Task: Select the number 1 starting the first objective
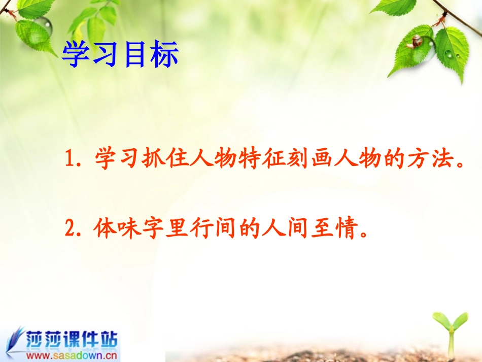coord(70,160)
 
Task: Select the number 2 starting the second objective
coord(70,229)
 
